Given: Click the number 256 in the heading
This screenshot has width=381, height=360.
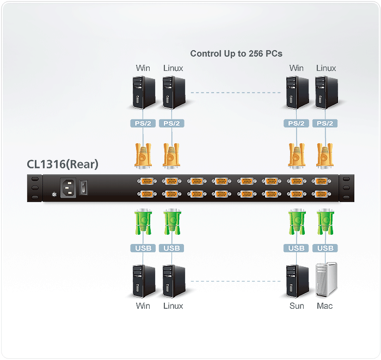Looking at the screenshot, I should coord(256,53).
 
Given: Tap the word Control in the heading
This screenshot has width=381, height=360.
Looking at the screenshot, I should coord(204,53).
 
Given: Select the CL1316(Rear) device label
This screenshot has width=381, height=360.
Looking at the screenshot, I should coord(63,164).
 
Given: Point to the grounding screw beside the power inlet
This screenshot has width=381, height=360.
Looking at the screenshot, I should coord(53,194).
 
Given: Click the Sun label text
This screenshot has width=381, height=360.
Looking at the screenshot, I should coord(297,306).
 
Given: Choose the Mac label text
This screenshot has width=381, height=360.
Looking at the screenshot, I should coord(325,306).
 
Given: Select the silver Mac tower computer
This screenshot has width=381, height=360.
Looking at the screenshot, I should coord(325,279).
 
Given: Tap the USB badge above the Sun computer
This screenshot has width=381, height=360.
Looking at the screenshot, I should coord(297,248).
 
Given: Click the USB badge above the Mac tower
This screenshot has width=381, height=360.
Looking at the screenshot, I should coord(325,248).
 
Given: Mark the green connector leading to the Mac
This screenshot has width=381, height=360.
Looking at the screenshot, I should coord(325,223).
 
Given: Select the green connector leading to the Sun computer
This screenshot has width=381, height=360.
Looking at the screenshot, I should coord(297,223).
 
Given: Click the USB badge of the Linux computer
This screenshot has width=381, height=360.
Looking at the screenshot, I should coord(171,248).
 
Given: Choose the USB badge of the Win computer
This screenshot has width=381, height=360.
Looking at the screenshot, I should coord(143,248).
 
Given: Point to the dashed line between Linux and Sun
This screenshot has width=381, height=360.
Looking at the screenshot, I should coord(234,282).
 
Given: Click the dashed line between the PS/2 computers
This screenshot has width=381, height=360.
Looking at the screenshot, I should coord(234,93).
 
